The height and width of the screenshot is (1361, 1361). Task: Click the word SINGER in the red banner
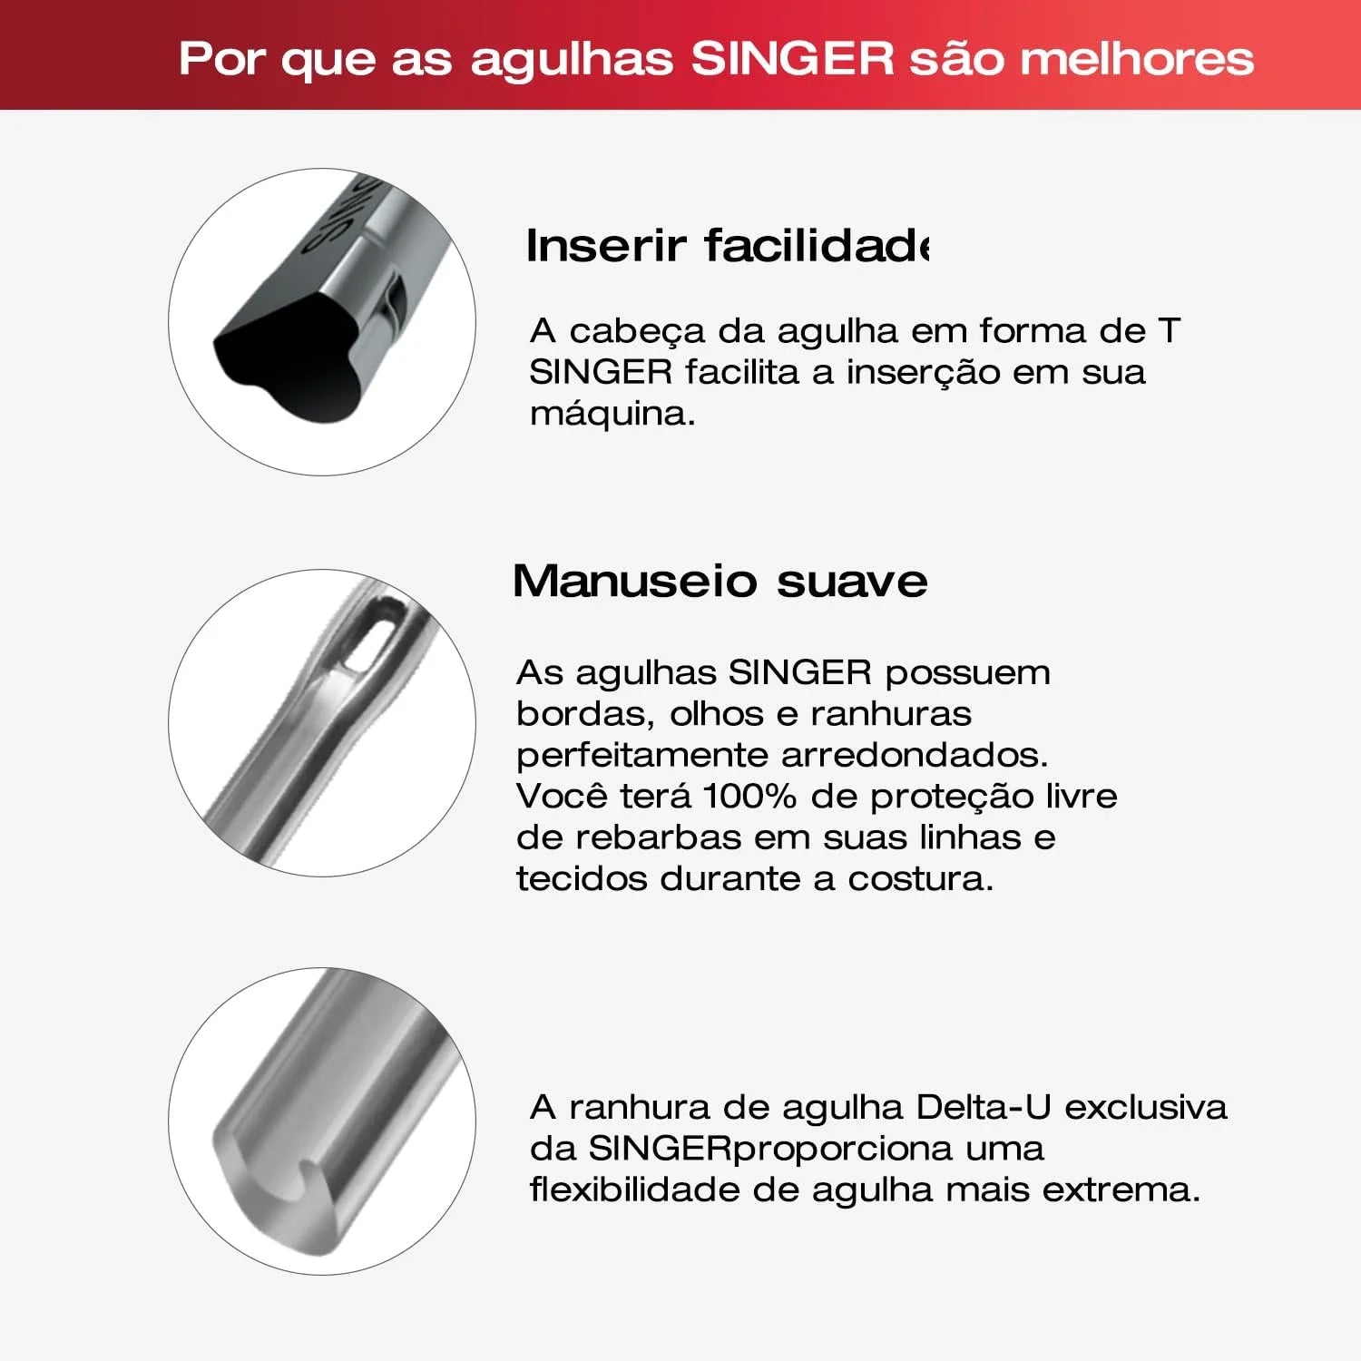[793, 59]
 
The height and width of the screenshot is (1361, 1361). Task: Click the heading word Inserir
[606, 245]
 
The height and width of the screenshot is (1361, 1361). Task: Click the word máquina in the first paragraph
[612, 414]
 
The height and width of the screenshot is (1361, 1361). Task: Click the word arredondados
[915, 755]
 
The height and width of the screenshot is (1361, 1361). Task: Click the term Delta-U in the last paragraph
[984, 1107]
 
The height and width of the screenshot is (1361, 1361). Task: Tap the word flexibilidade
[635, 1189]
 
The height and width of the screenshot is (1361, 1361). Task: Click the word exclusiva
[1145, 1107]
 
